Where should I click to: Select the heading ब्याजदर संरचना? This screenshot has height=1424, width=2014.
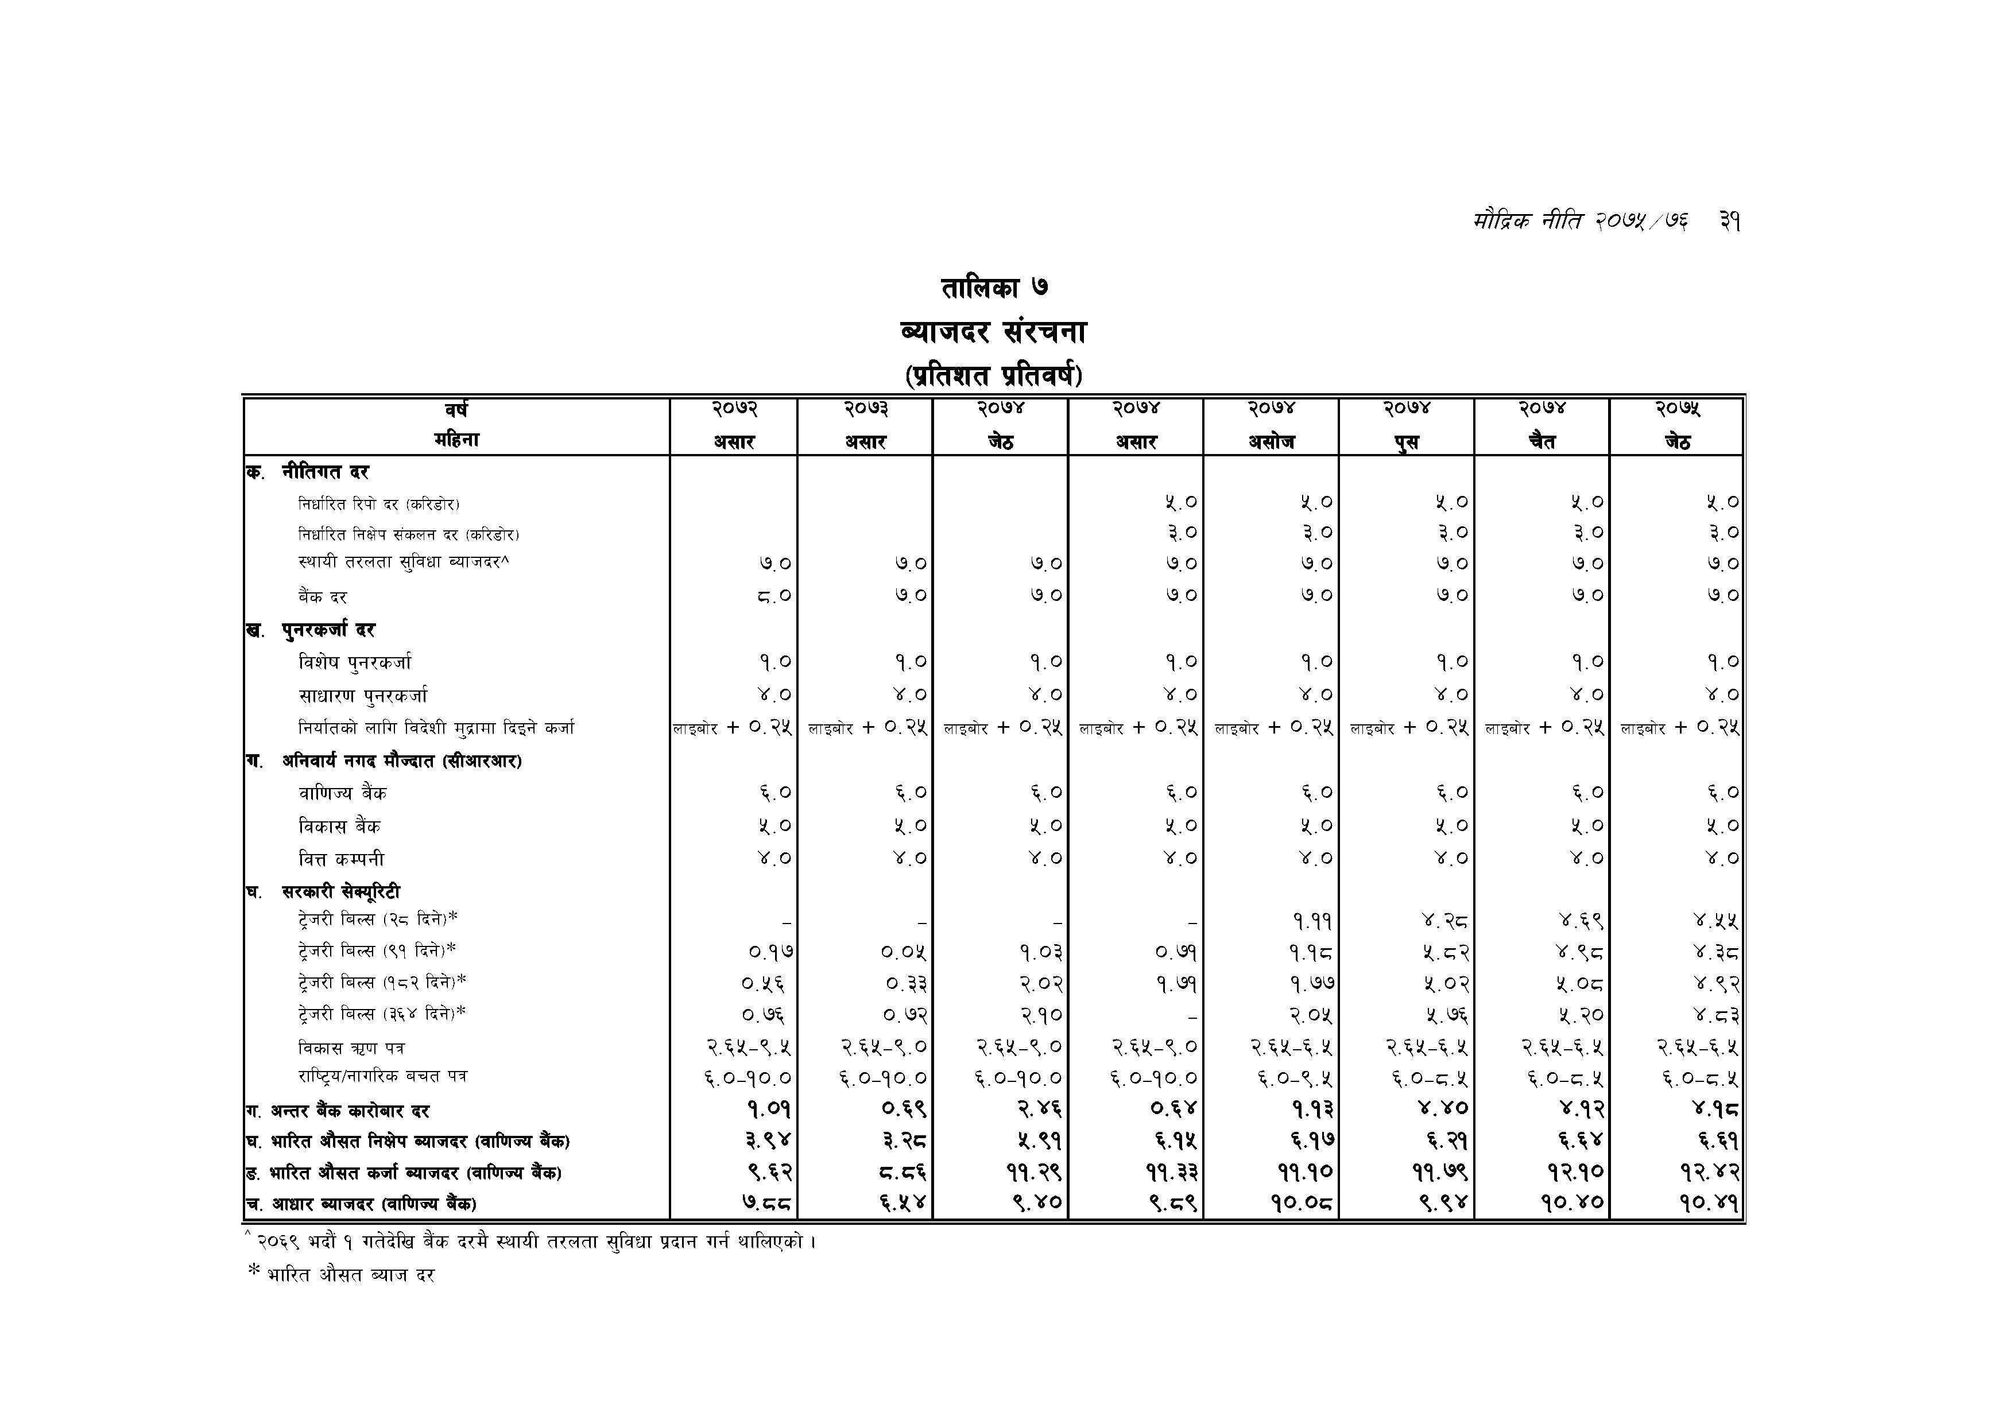993,332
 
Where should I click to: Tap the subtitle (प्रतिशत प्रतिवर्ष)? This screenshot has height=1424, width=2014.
993,376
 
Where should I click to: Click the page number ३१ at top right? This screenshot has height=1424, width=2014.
1729,222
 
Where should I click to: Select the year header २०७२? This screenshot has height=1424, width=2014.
734,409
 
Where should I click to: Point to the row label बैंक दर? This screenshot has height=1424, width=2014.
323,597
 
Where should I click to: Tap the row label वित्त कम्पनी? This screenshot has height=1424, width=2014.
341,859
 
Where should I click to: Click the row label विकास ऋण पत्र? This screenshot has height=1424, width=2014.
351,1048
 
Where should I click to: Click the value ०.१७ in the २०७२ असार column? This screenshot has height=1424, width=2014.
769,952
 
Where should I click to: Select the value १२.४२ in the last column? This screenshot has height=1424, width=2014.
1710,1173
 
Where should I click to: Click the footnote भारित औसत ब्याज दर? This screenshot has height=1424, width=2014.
351,1275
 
